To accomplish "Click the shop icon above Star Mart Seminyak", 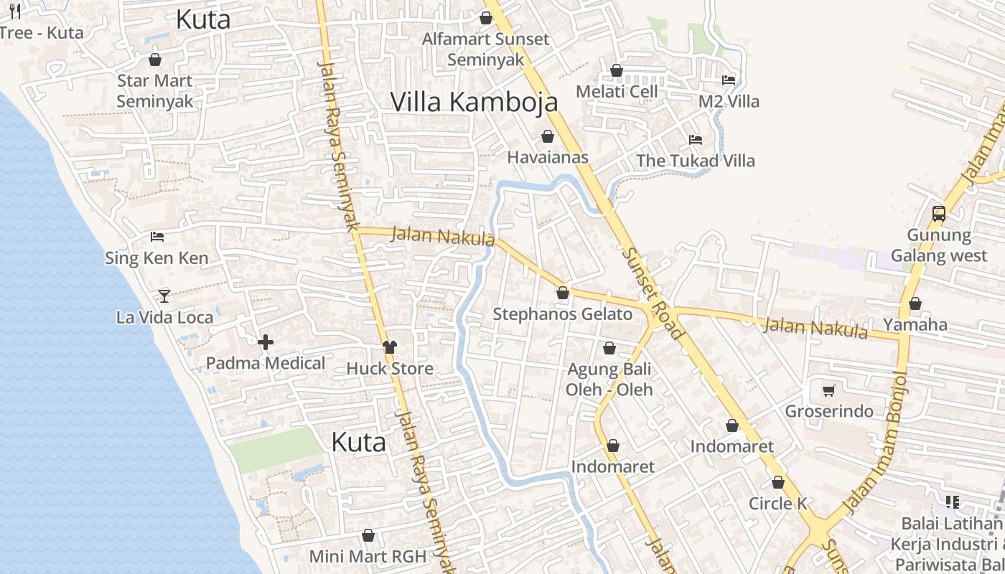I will (x=154, y=60).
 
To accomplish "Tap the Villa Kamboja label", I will (x=474, y=102).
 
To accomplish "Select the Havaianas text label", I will (x=548, y=157).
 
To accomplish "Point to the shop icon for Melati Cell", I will (x=616, y=70).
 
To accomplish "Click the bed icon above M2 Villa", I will (x=729, y=80).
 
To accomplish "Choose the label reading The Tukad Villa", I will (x=696, y=161).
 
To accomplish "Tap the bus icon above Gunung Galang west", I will (x=938, y=213).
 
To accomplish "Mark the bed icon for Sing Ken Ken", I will (x=157, y=236).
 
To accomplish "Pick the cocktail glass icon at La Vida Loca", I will (x=164, y=296).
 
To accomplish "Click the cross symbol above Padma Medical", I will (x=266, y=342).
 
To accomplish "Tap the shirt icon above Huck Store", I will (x=389, y=347).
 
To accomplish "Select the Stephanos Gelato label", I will (x=562, y=314).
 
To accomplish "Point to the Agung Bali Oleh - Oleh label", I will (x=609, y=380).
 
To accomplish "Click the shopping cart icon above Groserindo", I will (x=828, y=390).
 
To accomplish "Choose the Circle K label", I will (x=778, y=504).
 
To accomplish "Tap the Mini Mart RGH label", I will (x=368, y=556).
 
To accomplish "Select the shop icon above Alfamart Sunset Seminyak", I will (x=486, y=18).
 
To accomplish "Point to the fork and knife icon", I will (x=14, y=11).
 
